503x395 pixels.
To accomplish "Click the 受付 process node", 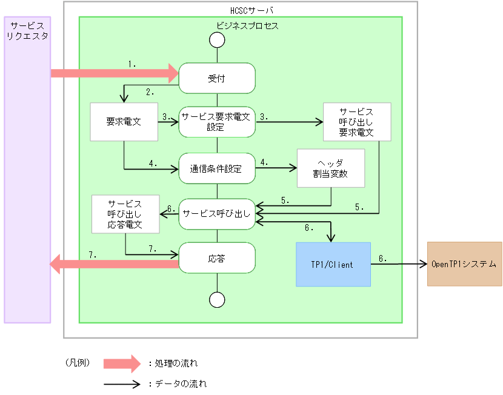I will [216, 79].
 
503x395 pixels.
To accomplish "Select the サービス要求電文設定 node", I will [216, 123].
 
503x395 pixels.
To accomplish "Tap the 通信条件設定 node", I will [216, 168].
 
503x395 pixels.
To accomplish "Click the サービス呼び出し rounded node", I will [216, 214].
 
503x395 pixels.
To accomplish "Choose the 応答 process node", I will [216, 257].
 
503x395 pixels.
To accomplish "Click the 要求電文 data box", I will [124, 122].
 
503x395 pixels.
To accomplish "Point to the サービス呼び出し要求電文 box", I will [356, 122].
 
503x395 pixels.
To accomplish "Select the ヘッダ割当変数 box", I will [330, 168].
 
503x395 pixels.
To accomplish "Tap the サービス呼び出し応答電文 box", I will [125, 214].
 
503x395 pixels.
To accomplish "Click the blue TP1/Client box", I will [333, 264].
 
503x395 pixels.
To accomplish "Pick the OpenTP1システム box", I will [464, 264].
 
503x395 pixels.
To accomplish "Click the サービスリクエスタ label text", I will [27, 32].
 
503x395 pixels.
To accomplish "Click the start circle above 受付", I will [216, 40].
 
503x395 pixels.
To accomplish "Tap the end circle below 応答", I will [216, 299].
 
